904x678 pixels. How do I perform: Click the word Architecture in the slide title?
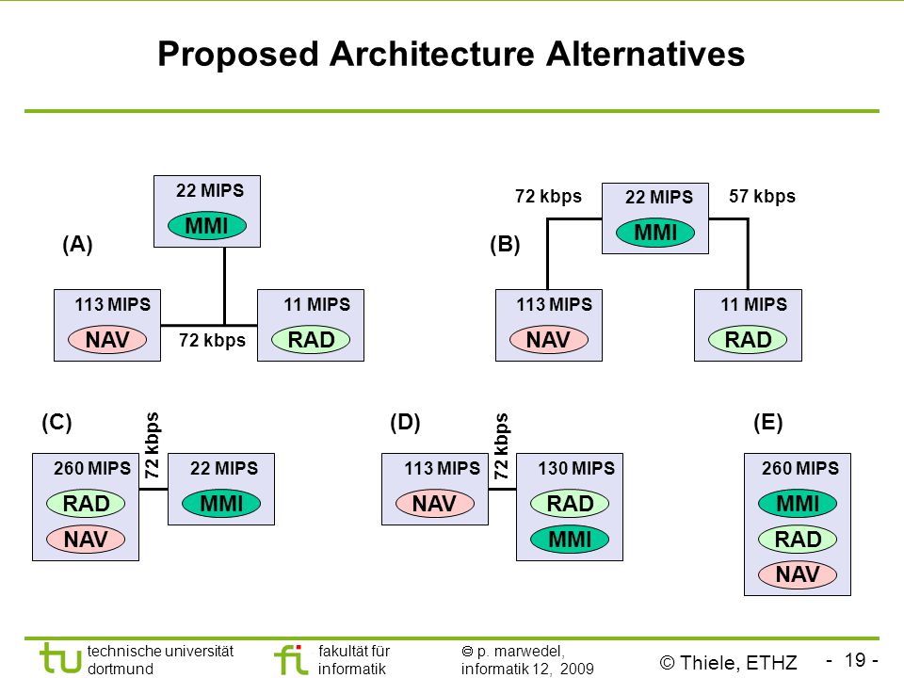[431, 55]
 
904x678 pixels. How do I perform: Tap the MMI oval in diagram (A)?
[207, 225]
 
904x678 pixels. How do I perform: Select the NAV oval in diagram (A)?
[107, 340]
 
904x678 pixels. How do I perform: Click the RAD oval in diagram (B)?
[748, 340]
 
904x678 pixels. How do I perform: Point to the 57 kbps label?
[762, 197]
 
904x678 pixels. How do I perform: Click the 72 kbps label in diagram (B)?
[548, 197]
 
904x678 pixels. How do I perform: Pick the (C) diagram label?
[56, 422]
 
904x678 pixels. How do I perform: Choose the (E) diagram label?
[768, 422]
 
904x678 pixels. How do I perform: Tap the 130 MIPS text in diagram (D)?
[576, 468]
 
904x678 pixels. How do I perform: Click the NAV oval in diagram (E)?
[798, 574]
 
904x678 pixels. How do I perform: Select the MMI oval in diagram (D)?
[570, 539]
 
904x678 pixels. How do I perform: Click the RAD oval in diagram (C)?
[86, 503]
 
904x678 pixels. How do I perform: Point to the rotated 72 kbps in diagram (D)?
[501, 446]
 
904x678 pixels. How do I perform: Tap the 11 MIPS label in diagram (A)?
[316, 304]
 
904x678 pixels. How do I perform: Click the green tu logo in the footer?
[60, 658]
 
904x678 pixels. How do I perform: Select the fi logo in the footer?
[291, 659]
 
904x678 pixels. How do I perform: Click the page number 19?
[856, 659]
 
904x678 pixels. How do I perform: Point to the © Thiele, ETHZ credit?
[728, 662]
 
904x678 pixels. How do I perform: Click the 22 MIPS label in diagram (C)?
[224, 468]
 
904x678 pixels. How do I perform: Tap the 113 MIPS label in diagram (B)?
[554, 304]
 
